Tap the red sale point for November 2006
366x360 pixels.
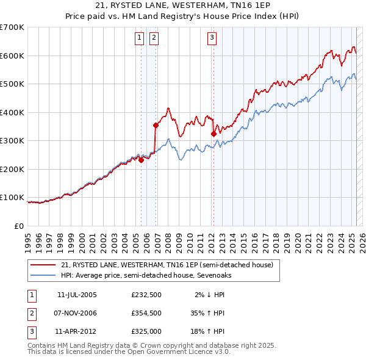coord(156,126)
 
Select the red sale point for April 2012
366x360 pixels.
coord(213,134)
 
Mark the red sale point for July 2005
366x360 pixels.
coord(142,160)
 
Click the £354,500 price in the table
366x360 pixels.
coord(146,313)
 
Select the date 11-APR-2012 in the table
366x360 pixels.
coord(73,332)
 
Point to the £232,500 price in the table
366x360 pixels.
coord(146,294)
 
